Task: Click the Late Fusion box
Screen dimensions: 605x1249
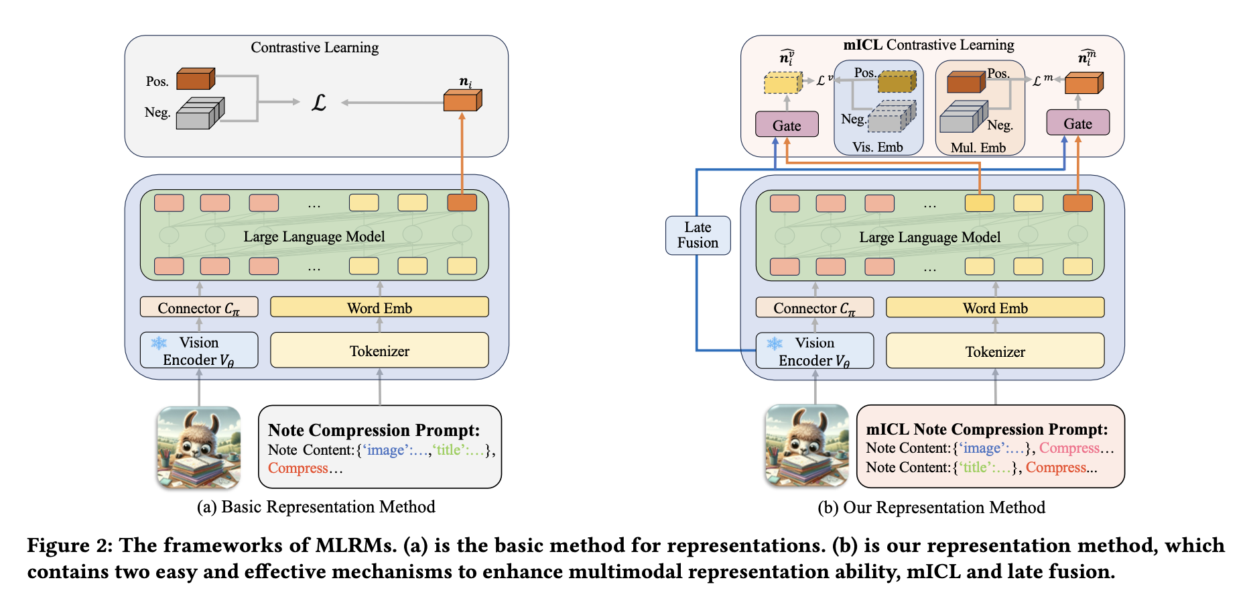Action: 698,235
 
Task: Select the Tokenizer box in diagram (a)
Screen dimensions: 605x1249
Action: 379,351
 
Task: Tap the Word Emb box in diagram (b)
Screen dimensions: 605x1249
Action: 995,308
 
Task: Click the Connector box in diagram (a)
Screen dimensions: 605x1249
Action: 198,308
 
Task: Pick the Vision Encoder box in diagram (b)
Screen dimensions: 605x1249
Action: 815,351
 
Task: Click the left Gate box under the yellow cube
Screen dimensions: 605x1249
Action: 787,125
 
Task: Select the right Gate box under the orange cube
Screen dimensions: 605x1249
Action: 1077,123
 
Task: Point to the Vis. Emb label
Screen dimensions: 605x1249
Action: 878,147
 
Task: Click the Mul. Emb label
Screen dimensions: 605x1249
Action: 978,148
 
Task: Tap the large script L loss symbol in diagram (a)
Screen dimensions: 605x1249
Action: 319,103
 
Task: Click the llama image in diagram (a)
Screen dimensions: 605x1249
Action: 199,447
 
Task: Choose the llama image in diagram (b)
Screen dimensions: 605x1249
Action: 807,445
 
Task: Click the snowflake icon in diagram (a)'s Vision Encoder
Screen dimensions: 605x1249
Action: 159,343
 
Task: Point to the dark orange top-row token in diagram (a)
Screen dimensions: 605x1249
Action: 462,203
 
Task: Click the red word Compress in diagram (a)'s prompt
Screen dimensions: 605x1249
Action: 298,468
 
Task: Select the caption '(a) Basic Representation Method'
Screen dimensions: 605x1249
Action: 316,506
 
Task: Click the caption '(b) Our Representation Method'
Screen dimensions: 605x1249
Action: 931,507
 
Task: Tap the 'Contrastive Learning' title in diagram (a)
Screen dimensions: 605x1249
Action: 314,48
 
